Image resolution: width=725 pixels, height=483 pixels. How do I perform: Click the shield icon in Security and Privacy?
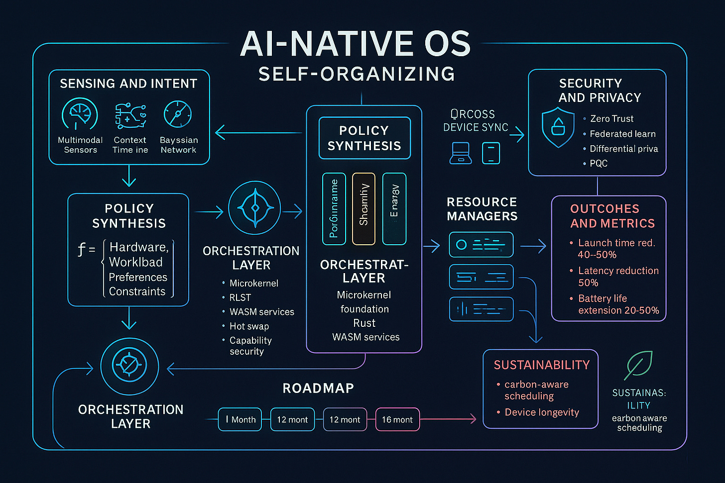(558, 128)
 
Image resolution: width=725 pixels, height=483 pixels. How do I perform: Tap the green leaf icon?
(638, 365)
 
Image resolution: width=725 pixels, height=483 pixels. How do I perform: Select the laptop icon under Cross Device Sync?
(461, 153)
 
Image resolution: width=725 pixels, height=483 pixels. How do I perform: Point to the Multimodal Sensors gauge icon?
(80, 114)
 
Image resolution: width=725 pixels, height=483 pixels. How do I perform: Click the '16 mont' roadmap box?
(397, 419)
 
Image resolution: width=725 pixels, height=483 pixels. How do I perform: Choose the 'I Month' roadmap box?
(240, 419)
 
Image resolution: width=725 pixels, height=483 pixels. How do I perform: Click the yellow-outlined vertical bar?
(363, 209)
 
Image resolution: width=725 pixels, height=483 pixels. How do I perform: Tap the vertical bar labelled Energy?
(394, 209)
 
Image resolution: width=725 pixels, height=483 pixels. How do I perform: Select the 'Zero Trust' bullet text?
(611, 119)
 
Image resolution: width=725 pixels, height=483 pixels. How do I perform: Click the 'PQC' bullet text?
(599, 163)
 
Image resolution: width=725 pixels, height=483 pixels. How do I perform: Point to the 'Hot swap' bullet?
(249, 326)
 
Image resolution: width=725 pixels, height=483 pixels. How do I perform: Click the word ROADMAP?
(318, 388)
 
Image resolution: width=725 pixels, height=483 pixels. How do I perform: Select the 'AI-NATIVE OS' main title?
(356, 44)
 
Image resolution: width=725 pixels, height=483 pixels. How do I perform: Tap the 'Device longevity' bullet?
(542, 412)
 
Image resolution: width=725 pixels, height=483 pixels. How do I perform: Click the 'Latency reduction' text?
(618, 271)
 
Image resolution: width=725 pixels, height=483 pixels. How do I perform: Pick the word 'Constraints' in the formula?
(137, 291)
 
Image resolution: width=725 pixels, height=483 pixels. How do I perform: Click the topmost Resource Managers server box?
(481, 245)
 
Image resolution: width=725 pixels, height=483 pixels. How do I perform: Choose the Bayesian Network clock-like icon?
(178, 114)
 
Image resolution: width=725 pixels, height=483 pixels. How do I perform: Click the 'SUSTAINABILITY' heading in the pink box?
(542, 365)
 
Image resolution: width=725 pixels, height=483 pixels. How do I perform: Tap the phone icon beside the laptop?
(491, 153)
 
